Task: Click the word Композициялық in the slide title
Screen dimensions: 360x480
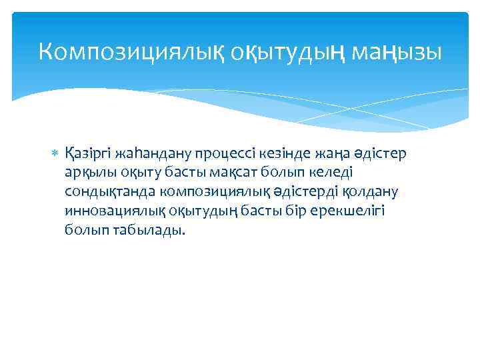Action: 131,51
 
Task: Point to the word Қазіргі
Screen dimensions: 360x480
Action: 88,154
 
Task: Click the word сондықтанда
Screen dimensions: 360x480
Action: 110,192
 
